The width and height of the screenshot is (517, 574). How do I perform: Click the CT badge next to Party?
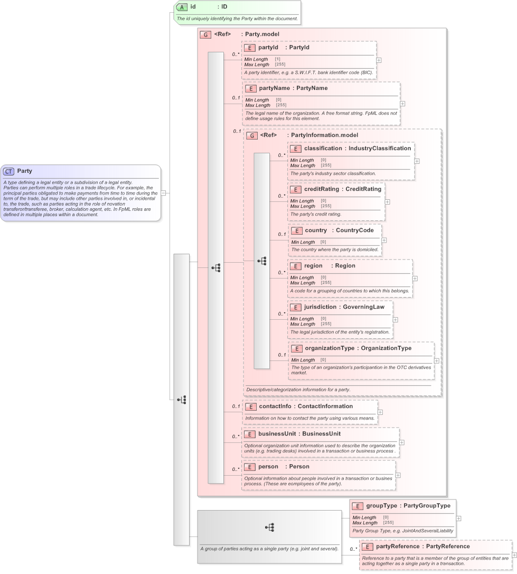[9, 171]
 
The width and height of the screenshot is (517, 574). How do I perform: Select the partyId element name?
[268, 48]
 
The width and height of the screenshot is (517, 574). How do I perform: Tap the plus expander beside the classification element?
[417, 161]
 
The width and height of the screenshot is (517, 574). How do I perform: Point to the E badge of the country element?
[297, 230]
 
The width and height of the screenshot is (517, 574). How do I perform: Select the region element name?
[313, 266]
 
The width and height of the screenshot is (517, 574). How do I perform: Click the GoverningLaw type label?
[363, 307]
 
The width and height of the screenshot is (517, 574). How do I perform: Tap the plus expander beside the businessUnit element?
[401, 442]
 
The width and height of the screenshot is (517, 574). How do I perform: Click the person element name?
[268, 467]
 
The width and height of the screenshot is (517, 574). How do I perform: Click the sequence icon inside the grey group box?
[269, 527]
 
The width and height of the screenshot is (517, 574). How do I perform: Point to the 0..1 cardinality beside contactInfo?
[236, 406]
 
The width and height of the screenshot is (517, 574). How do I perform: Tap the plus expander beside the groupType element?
[458, 519]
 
